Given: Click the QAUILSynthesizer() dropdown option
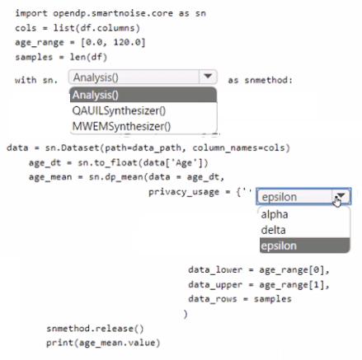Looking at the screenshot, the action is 119,110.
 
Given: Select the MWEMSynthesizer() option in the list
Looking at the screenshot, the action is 121,126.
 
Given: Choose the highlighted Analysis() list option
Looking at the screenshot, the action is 143,95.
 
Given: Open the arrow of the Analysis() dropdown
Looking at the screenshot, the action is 208,77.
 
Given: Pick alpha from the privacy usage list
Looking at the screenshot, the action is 275,214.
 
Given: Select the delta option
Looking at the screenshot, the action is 273,230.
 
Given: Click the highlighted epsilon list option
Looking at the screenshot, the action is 304,245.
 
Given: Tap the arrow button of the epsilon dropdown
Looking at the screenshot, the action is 341,196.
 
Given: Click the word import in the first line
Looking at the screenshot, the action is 31,13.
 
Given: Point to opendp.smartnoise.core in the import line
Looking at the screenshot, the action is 113,13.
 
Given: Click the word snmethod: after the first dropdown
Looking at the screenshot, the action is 269,80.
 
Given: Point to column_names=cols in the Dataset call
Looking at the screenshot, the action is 238,147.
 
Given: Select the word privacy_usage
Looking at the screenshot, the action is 184,192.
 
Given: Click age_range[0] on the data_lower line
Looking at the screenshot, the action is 292,270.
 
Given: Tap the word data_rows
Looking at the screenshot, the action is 213,299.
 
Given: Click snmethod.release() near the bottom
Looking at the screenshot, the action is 95,329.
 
